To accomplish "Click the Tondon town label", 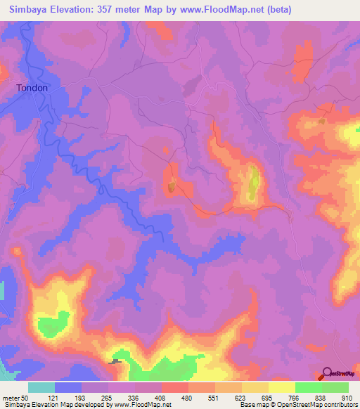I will pos(32,89).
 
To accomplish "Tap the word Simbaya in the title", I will pos(30,10).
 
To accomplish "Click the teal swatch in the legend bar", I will pos(41,387).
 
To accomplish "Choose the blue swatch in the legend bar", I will pos(67,387).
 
